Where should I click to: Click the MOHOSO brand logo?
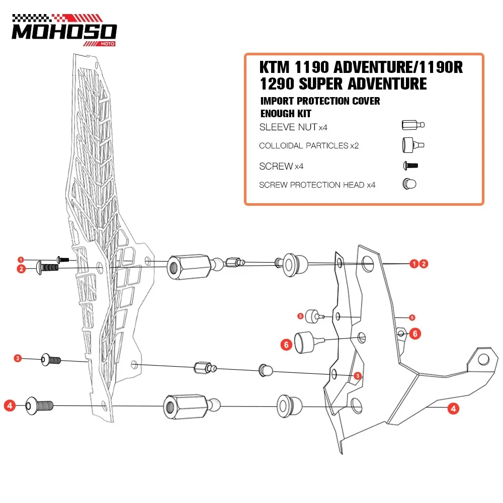64,30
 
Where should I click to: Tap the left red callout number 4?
10,406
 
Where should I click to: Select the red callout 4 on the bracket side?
453,408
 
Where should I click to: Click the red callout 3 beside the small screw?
18,358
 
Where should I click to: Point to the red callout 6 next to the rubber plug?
286,345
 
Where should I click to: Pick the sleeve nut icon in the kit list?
413,125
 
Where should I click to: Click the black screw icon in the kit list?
410,166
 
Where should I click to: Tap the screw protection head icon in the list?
409,184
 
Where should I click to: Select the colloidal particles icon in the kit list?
413,145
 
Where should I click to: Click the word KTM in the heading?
274,67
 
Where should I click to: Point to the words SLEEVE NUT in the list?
288,127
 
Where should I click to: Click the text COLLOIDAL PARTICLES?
303,146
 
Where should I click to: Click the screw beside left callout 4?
39,406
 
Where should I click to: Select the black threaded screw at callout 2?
47,268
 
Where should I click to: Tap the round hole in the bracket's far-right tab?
483,360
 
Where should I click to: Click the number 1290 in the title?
277,84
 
